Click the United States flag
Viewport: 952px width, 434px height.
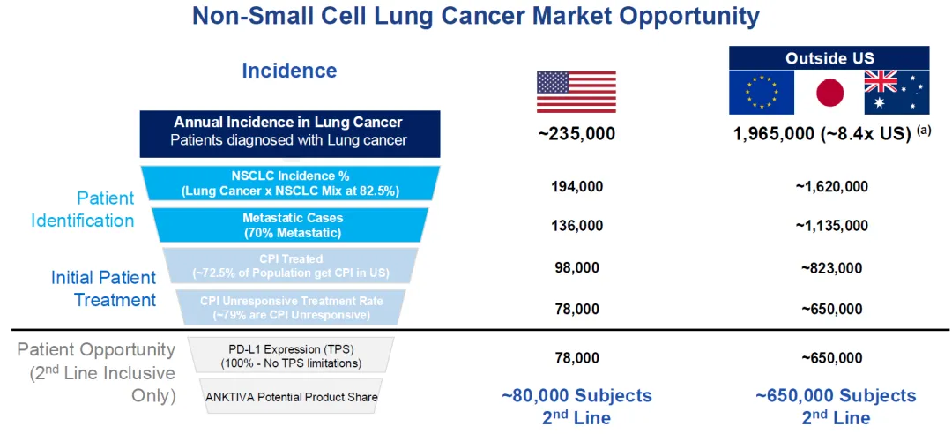point(576,92)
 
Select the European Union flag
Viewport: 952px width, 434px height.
point(762,92)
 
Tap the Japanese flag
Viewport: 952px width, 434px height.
point(829,92)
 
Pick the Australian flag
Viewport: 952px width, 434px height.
point(896,92)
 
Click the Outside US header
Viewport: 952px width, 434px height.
point(829,58)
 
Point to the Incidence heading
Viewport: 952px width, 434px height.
point(289,71)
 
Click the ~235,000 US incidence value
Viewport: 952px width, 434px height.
point(576,134)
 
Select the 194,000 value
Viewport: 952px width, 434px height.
point(576,186)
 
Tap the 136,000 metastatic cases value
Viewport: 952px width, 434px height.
point(576,226)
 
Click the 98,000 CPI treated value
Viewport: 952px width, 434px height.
point(576,267)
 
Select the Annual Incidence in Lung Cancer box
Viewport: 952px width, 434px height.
point(289,131)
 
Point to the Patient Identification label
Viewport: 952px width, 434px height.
point(83,209)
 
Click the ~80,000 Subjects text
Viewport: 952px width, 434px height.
point(576,396)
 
